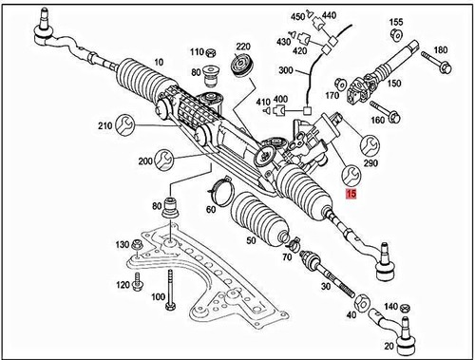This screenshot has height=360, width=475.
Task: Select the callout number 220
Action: tap(243, 47)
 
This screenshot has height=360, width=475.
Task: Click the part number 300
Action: tap(286, 71)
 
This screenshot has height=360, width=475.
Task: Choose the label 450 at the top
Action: tap(297, 17)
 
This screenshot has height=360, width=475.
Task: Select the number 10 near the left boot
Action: tap(158, 63)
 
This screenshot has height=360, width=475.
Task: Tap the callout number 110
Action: tap(197, 51)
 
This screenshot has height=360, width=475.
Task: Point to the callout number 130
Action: tap(123, 245)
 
